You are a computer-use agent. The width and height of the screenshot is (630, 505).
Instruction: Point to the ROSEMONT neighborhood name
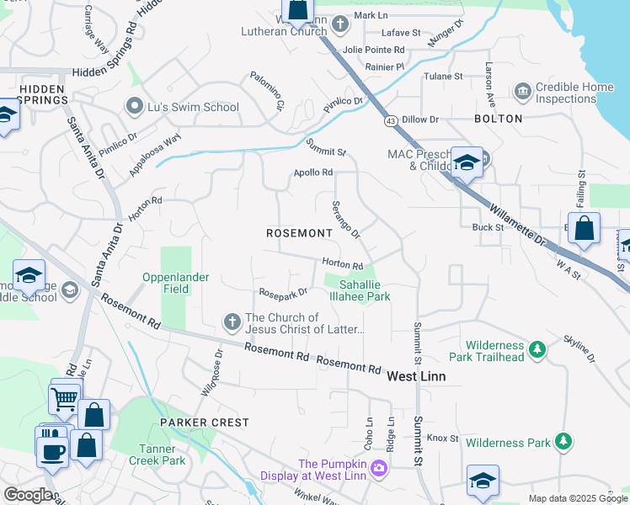pyautogui.click(x=299, y=232)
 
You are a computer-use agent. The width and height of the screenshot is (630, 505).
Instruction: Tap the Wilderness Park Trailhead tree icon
pyautogui.click(x=535, y=347)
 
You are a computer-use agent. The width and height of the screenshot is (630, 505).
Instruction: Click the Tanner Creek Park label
pyautogui.click(x=157, y=454)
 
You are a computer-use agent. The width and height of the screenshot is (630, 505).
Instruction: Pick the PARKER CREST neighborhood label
pyautogui.click(x=206, y=422)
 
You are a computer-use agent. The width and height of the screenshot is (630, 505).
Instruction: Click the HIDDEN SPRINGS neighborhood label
pyautogui.click(x=33, y=93)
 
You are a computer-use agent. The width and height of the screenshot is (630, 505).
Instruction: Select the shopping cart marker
pyautogui.click(x=65, y=402)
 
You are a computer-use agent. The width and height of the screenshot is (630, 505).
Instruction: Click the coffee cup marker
pyautogui.click(x=52, y=449)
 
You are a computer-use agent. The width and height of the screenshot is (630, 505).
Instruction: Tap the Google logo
pyautogui.click(x=28, y=495)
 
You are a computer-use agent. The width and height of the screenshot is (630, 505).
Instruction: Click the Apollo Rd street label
pyautogui.click(x=313, y=173)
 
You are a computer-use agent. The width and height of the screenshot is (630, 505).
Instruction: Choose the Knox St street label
pyautogui.click(x=442, y=439)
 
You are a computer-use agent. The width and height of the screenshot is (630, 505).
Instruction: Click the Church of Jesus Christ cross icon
pyautogui.click(x=232, y=322)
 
